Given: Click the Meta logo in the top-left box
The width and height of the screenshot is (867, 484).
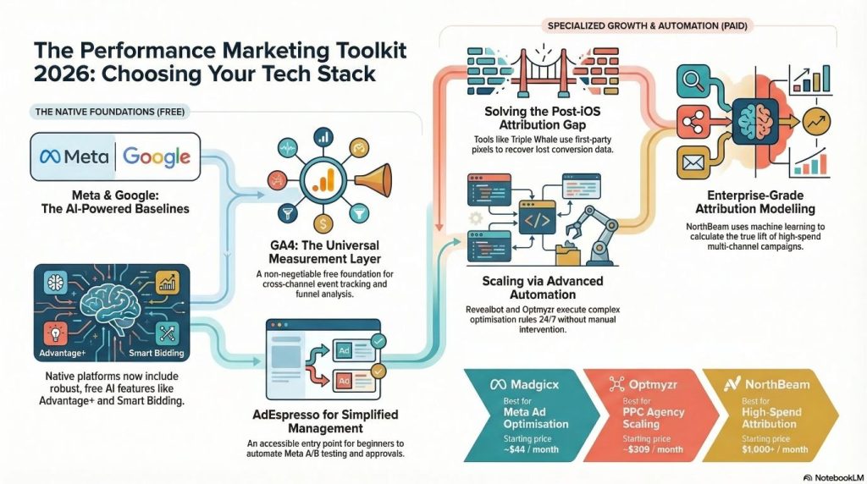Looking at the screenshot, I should [75, 157].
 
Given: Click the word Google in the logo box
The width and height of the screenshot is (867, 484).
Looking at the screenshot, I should [157, 157].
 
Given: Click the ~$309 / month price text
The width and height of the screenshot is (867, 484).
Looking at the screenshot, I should [653, 448].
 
